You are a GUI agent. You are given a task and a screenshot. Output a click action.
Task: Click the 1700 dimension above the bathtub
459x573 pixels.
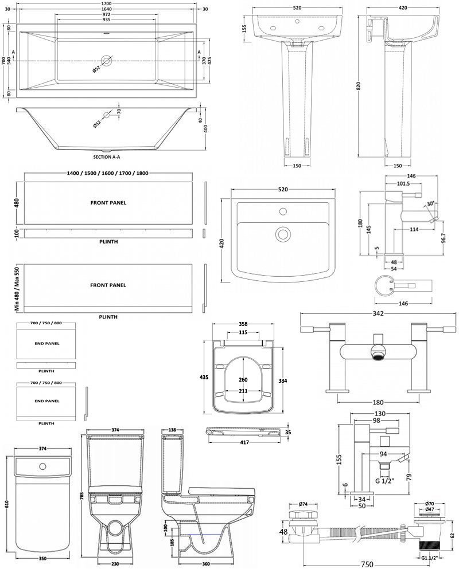pyautogui.click(x=106, y=3)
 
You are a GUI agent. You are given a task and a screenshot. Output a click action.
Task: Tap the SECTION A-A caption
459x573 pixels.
pyautogui.click(x=107, y=157)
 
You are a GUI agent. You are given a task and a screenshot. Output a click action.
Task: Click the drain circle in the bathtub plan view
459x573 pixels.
pyautogui.click(x=107, y=60)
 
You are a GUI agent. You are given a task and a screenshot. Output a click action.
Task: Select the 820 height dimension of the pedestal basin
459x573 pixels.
pyautogui.click(x=359, y=86)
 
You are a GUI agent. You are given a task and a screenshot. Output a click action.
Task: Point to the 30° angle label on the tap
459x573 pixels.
pyautogui.click(x=431, y=204)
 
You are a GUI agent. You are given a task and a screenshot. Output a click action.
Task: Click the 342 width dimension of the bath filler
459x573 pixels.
pyautogui.click(x=378, y=313)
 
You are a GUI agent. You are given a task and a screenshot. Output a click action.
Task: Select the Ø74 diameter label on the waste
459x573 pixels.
pyautogui.click(x=302, y=504)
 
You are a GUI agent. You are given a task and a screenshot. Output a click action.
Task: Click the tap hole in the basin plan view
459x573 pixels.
pyautogui.click(x=283, y=211)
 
